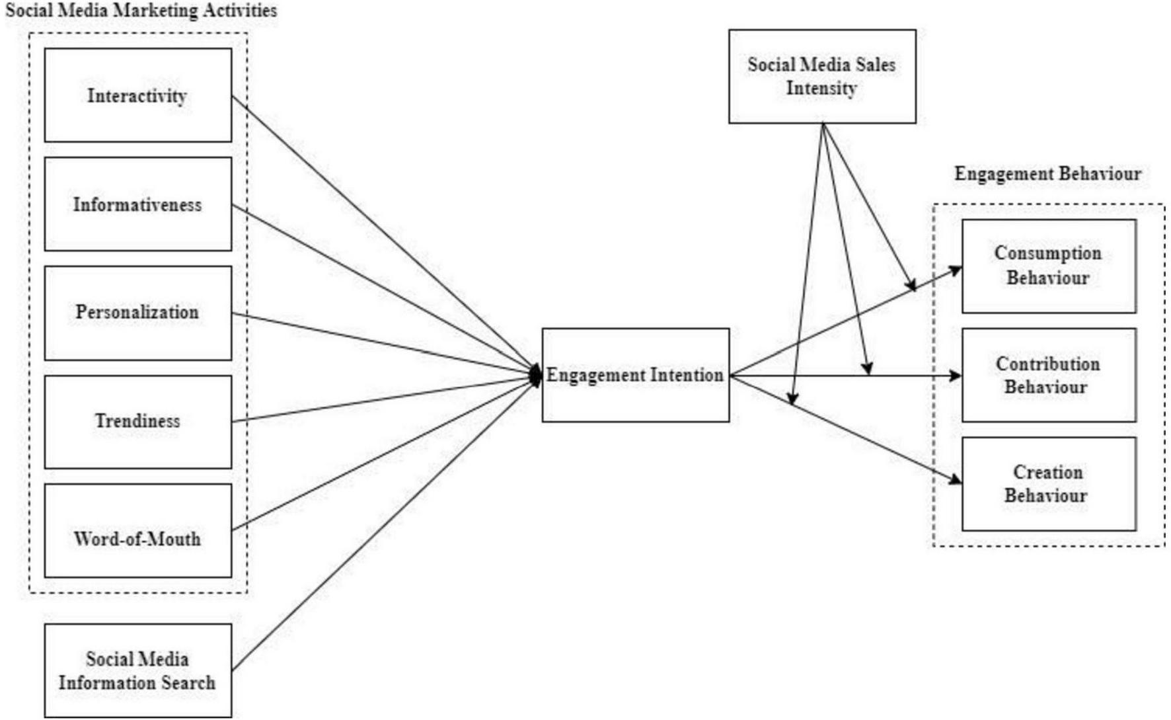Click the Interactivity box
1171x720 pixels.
click(x=137, y=95)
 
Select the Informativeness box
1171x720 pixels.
click(x=137, y=204)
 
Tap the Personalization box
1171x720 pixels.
click(x=137, y=313)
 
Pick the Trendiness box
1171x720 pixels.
click(x=137, y=422)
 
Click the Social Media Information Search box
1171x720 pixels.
click(x=137, y=670)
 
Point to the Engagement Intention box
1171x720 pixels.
click(x=635, y=375)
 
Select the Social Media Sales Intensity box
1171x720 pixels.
click(x=821, y=76)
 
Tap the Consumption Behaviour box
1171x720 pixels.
click(x=1048, y=266)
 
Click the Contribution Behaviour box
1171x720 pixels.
click(x=1048, y=375)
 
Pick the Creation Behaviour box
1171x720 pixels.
click(x=1048, y=483)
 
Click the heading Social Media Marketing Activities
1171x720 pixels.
click(x=141, y=11)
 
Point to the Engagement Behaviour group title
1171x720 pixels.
click(x=1047, y=174)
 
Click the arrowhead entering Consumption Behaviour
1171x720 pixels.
click(x=956, y=269)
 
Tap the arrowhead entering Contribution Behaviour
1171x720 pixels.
click(x=956, y=376)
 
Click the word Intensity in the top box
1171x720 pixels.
click(x=821, y=88)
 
